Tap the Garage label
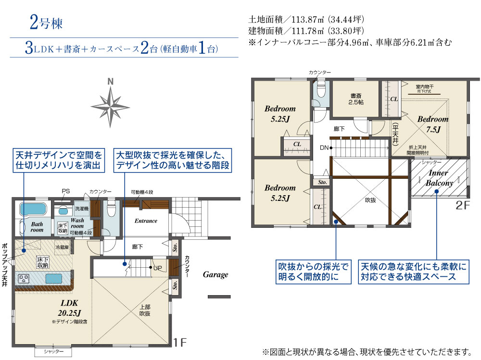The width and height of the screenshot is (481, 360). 215,275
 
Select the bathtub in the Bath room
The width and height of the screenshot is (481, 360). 32,210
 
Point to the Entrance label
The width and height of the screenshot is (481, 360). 146,221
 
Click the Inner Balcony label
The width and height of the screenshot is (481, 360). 439,178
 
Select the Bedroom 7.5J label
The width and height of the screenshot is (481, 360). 433,124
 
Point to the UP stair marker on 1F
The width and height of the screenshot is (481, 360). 158,267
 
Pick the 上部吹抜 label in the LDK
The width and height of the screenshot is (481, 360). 145,310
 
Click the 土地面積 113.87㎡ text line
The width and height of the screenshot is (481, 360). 306,21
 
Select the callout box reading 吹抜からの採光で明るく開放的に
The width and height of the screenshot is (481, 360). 313,272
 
